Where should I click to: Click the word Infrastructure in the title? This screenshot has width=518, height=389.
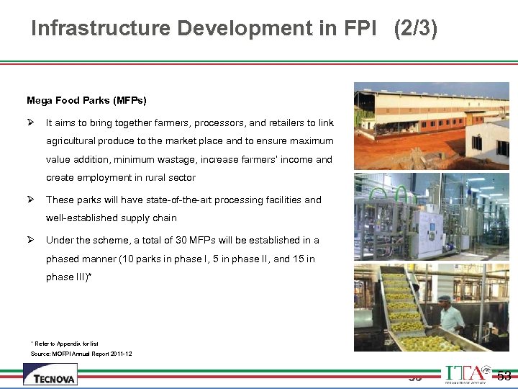tap(101, 29)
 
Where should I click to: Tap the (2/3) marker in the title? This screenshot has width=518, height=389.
tap(415, 29)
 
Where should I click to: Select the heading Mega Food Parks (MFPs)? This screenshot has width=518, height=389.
tap(86, 100)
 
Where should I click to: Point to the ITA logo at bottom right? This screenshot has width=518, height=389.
tap(467, 375)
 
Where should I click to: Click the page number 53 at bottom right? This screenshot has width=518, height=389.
tap(504, 375)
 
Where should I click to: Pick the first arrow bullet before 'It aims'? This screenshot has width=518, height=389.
tap(31, 123)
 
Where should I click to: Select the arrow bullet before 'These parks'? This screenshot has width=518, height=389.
tap(31, 200)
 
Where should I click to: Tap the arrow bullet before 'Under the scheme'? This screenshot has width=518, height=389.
tap(31, 240)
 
